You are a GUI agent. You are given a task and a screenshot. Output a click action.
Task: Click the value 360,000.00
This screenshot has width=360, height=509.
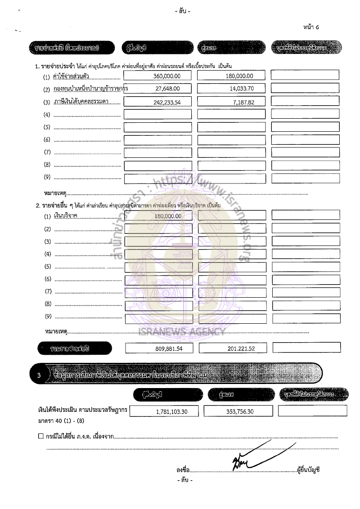[166, 76]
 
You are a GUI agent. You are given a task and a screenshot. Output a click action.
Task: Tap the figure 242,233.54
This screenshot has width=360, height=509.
[166, 102]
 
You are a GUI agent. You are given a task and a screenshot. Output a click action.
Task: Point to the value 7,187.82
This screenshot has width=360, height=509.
[244, 102]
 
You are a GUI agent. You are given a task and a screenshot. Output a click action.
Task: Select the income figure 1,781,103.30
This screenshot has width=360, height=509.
[171, 411]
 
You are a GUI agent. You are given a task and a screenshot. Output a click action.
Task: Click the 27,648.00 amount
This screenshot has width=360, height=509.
[167, 89]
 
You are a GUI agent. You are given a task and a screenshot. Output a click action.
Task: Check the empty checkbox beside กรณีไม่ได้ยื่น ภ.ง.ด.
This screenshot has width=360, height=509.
[41, 436]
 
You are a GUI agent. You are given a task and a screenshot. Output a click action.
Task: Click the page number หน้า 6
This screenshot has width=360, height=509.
[311, 27]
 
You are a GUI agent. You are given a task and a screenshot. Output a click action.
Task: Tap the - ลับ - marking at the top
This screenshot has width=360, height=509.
[183, 11]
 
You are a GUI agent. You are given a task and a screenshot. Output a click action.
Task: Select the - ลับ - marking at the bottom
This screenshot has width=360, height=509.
[184, 480]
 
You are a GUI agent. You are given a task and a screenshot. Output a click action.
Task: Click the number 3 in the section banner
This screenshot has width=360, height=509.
[39, 375]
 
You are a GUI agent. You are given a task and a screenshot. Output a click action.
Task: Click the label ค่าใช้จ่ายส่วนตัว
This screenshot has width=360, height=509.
[71, 76]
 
